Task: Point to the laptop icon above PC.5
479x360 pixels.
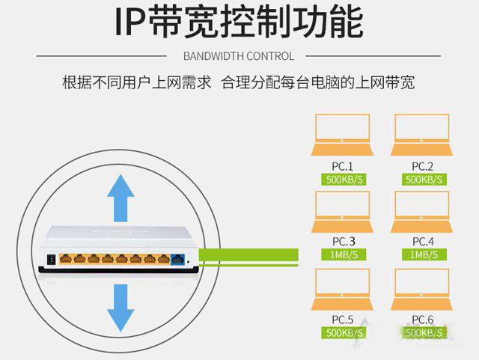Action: [342, 289]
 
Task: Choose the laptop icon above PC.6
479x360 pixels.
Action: [422, 289]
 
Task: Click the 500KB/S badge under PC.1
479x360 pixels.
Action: [342, 180]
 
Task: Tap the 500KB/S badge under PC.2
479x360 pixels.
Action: [424, 180]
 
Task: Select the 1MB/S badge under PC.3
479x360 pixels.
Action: [342, 255]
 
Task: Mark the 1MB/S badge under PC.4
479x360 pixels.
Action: [424, 255]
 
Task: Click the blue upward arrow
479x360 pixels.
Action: [120, 197]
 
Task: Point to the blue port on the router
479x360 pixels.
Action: [178, 259]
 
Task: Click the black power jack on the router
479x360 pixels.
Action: [51, 259]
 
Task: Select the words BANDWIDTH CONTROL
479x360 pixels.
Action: [239, 56]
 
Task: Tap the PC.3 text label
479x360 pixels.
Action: [343, 241]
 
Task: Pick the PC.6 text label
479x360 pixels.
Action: [423, 319]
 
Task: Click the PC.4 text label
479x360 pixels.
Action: [423, 241]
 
